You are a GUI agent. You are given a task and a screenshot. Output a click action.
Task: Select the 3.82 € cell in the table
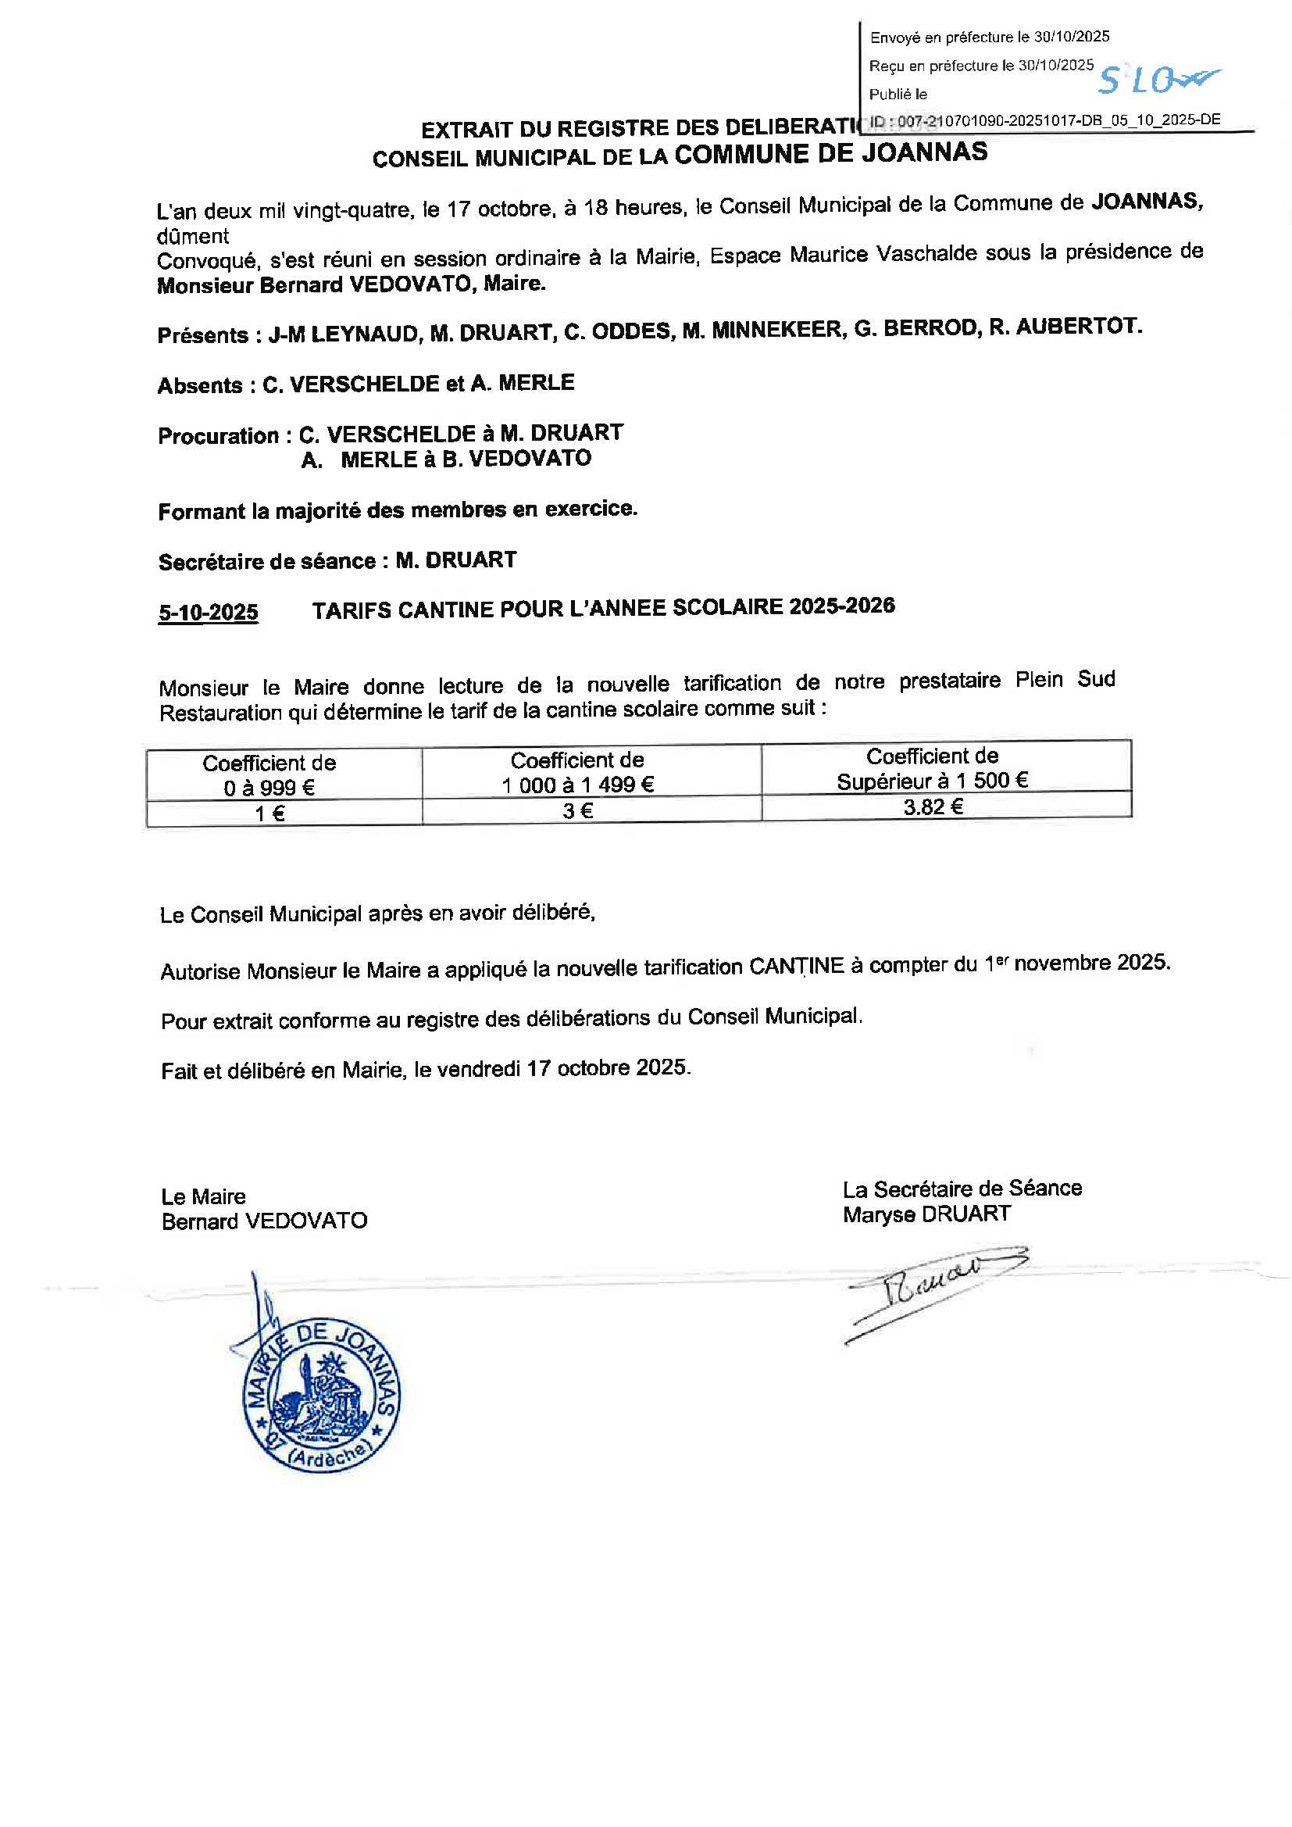[933, 807]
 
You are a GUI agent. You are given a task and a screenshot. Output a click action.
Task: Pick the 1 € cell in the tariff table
[270, 813]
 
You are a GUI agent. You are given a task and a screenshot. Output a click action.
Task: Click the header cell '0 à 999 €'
[269, 788]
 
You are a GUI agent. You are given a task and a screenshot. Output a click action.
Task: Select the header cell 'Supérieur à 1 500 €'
[932, 781]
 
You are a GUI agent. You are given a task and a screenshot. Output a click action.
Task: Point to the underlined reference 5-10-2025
[208, 612]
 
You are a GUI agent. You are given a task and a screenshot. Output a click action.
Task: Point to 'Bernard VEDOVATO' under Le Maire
[264, 1221]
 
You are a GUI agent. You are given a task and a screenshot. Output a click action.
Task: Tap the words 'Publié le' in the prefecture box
[898, 95]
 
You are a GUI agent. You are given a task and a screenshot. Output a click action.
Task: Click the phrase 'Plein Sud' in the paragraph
[1065, 681]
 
